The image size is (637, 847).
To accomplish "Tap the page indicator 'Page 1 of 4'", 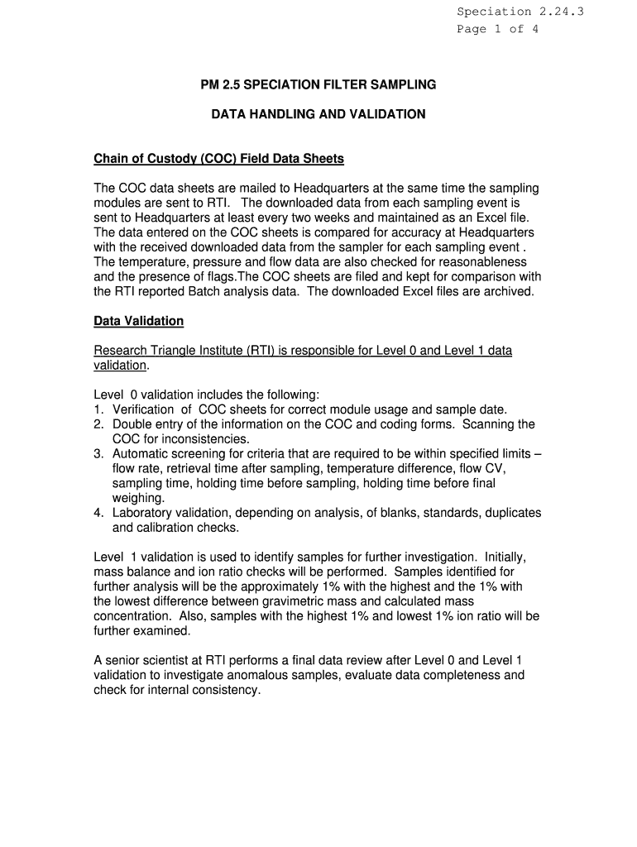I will coord(498,29).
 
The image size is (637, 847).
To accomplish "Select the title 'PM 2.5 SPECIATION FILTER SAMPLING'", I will coord(318,84).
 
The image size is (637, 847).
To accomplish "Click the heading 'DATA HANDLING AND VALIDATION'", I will coord(318,114).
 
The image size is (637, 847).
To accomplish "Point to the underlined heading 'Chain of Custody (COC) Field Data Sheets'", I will coord(218,158).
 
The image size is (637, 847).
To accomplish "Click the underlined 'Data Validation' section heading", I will coord(139,321).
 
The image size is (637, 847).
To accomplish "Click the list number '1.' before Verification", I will coord(98,409).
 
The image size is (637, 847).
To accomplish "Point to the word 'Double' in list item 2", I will coord(132,424).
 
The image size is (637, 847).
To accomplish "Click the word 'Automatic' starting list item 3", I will coord(141,454).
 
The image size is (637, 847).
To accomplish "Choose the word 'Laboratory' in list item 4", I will coord(145,513).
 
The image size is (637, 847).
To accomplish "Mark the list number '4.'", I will coord(98,513).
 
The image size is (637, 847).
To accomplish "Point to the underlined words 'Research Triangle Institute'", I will coord(170,351).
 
